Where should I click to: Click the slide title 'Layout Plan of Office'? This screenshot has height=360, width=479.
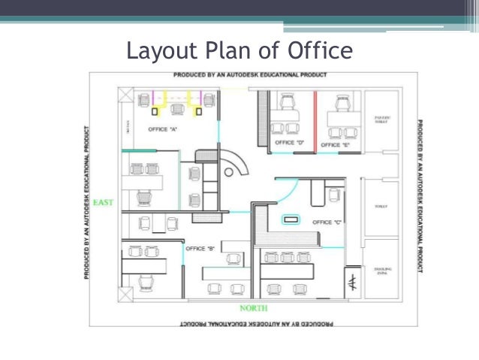tap(239, 51)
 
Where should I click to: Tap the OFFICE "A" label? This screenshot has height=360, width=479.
tap(163, 129)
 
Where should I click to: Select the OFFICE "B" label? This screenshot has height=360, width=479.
tap(200, 249)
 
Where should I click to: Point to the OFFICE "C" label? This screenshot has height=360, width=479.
tap(327, 222)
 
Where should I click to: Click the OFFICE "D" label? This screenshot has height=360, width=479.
tap(289, 142)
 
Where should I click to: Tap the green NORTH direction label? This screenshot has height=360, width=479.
tap(254, 308)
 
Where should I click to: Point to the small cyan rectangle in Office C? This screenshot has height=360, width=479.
tap(291, 219)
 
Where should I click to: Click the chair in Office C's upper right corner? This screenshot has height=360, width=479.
tap(334, 195)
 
